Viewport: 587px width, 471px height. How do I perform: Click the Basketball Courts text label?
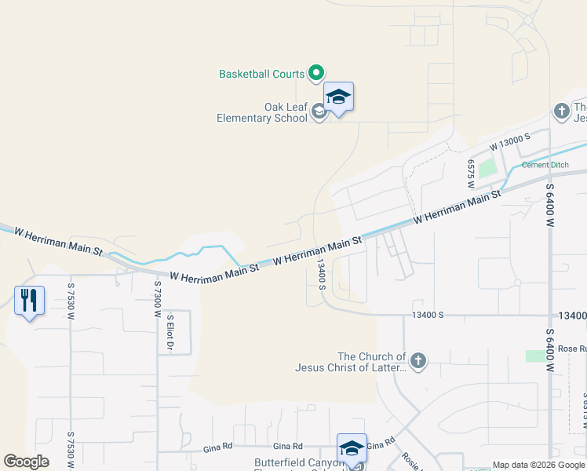click(261, 74)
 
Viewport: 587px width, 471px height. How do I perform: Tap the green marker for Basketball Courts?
click(316, 73)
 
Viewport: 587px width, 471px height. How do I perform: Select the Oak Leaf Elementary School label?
click(263, 113)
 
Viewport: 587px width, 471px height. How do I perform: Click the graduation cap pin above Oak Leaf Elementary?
click(338, 97)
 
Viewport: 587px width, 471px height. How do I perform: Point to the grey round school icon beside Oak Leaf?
click(319, 113)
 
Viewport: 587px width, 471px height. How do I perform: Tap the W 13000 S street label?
click(510, 141)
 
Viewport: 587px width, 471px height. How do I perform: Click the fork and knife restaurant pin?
click(29, 300)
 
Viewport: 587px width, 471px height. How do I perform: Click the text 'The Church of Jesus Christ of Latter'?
click(351, 362)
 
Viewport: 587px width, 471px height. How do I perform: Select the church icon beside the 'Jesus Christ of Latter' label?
click(418, 361)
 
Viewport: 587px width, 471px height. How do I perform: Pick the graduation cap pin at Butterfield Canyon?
click(352, 450)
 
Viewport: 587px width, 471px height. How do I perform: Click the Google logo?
click(26, 462)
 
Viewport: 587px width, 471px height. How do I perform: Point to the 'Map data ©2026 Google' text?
click(538, 465)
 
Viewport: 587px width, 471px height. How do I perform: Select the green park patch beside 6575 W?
click(488, 167)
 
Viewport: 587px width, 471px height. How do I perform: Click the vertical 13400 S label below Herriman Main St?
click(321, 275)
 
